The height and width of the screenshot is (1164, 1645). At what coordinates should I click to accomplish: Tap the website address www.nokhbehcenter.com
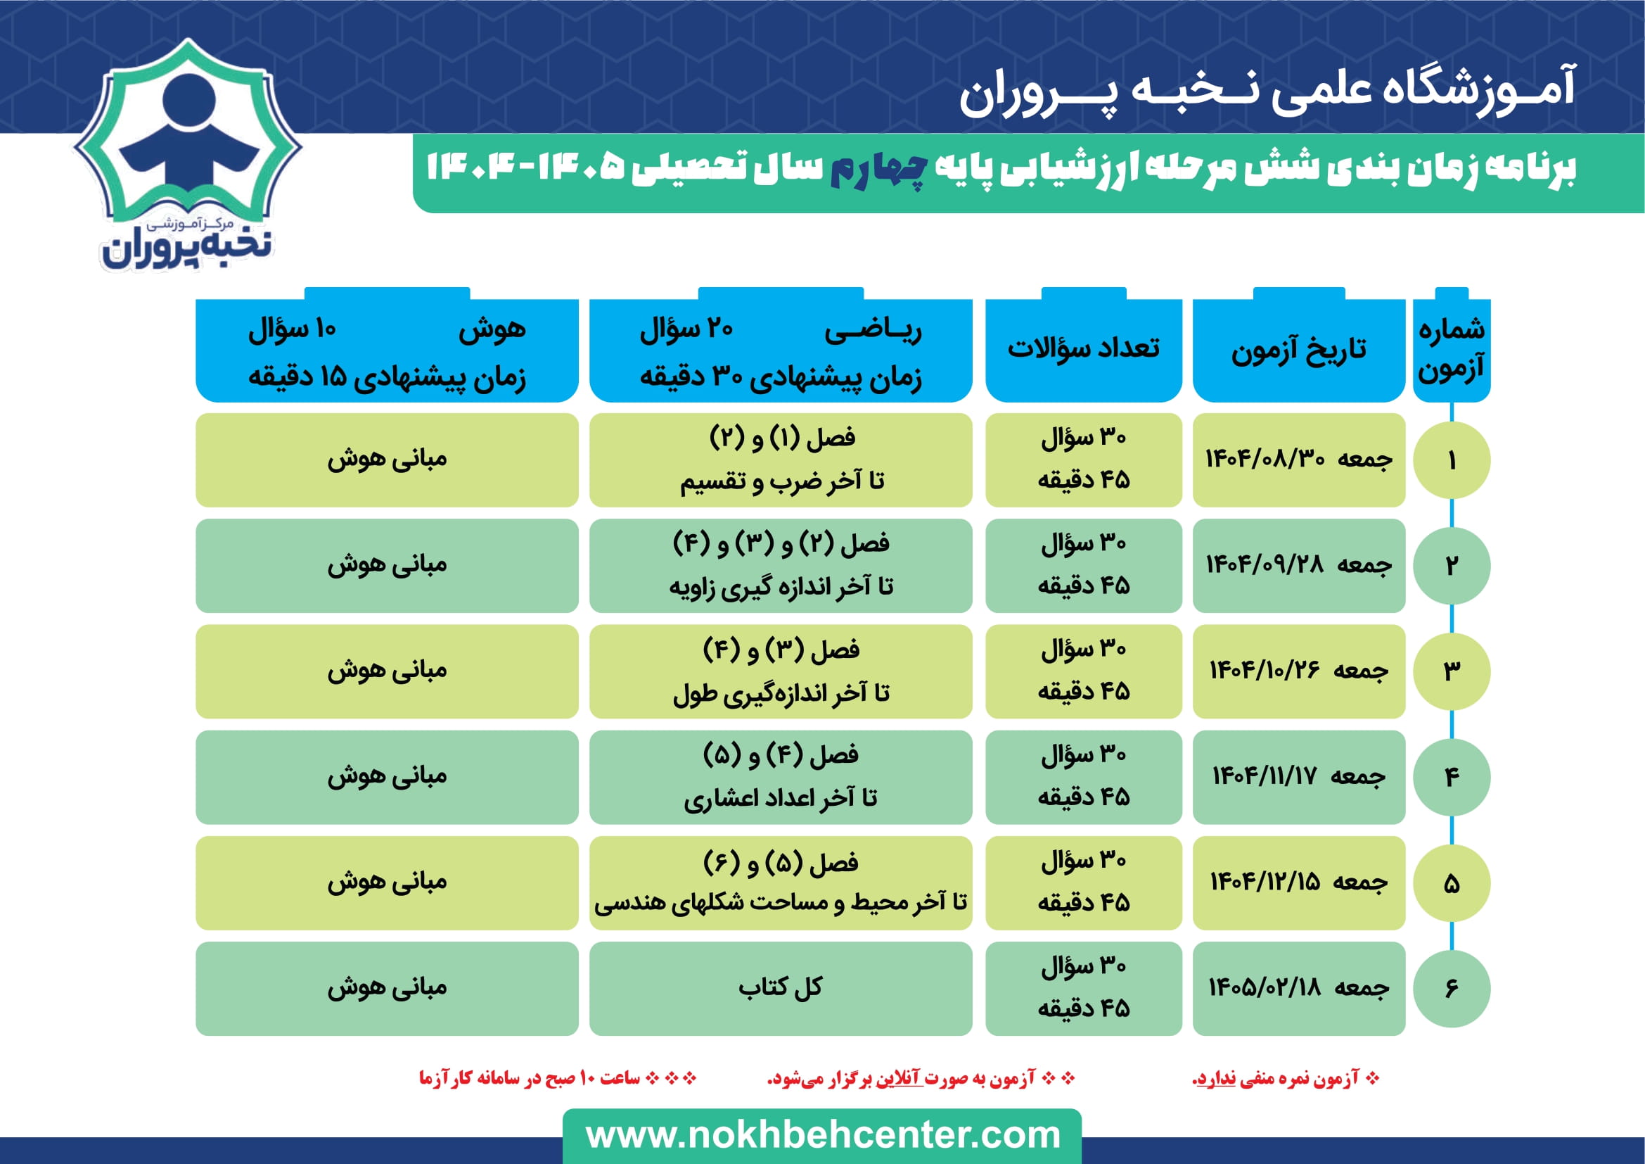(823, 1135)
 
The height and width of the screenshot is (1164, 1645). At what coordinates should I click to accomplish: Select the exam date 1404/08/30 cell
(1299, 460)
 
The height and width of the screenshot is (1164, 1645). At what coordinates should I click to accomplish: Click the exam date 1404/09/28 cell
(1299, 566)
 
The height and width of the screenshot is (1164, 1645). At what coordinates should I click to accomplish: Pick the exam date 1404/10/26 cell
(1299, 671)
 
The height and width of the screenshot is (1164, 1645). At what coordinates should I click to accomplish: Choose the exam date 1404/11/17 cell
(1299, 777)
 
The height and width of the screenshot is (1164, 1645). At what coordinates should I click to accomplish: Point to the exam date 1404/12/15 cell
(1299, 883)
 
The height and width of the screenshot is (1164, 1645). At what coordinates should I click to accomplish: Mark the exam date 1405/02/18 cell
(1299, 988)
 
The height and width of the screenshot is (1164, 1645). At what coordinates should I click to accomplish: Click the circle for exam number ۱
(1452, 460)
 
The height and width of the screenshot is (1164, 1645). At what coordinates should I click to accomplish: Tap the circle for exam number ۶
(1452, 988)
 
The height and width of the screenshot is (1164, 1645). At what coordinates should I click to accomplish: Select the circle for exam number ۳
(1452, 671)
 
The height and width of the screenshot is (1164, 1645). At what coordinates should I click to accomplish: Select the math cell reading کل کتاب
(781, 988)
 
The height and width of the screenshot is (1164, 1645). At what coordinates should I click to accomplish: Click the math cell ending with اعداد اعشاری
(781, 777)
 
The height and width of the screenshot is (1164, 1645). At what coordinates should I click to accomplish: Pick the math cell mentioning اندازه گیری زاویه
(781, 566)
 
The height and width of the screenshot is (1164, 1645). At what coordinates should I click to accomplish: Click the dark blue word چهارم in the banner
(879, 169)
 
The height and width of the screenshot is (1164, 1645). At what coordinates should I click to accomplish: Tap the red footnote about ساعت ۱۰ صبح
(558, 1078)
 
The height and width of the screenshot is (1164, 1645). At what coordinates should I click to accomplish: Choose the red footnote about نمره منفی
(1286, 1079)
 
